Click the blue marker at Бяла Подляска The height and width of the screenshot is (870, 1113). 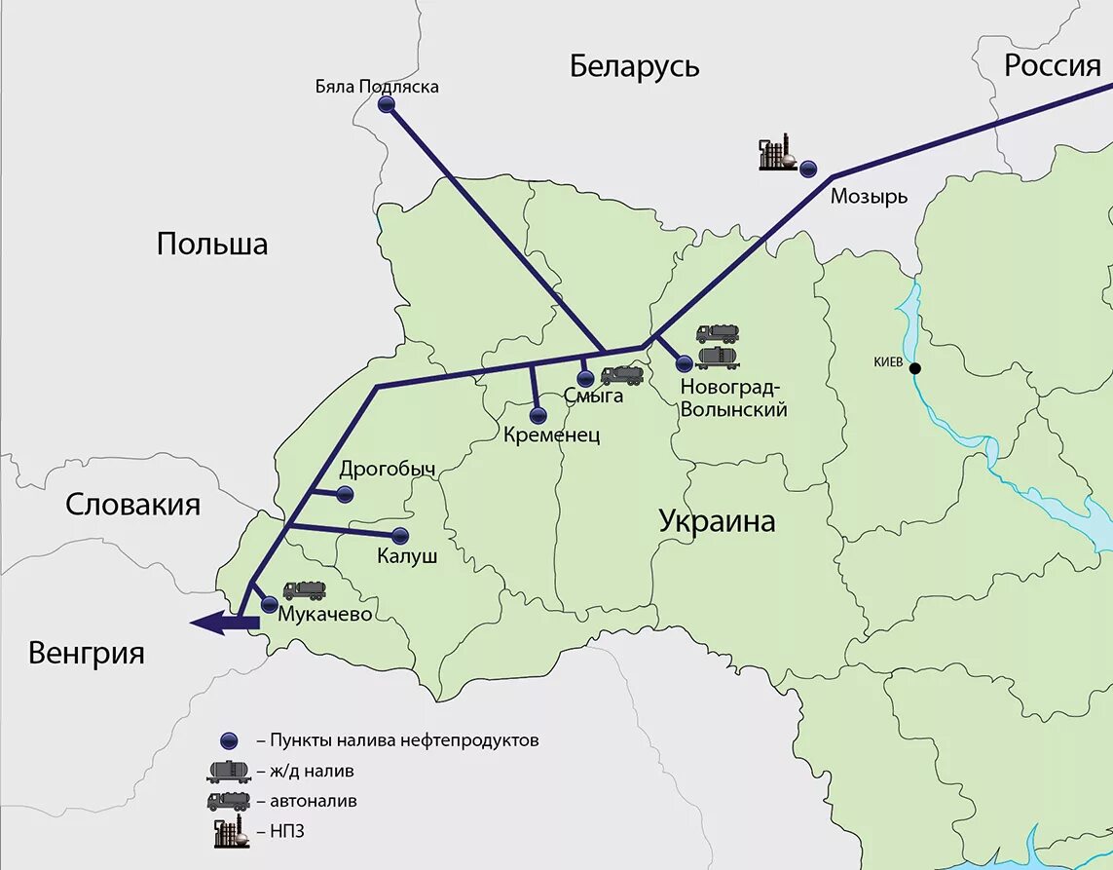click(x=387, y=105)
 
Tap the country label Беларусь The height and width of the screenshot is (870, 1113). click(x=634, y=66)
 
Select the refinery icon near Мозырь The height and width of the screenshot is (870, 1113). click(x=777, y=154)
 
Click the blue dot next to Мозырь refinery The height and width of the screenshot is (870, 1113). click(x=807, y=170)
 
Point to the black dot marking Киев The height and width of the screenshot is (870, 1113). click(x=914, y=368)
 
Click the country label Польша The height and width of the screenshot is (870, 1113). click(x=211, y=244)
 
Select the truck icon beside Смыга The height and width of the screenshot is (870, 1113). click(x=621, y=376)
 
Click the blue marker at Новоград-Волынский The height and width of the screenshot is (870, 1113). click(x=685, y=363)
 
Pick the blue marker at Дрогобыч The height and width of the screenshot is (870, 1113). click(x=345, y=495)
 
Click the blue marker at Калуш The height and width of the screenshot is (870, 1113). click(x=400, y=535)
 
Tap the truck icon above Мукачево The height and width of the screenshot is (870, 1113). click(x=304, y=590)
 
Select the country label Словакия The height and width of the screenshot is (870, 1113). click(x=133, y=505)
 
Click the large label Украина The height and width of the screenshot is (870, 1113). click(x=717, y=521)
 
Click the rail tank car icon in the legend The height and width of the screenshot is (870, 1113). click(x=229, y=772)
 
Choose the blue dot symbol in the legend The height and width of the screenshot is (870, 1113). click(x=230, y=739)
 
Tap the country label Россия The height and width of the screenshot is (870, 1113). click(x=1053, y=65)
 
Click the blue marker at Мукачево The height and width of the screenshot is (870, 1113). click(x=270, y=605)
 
